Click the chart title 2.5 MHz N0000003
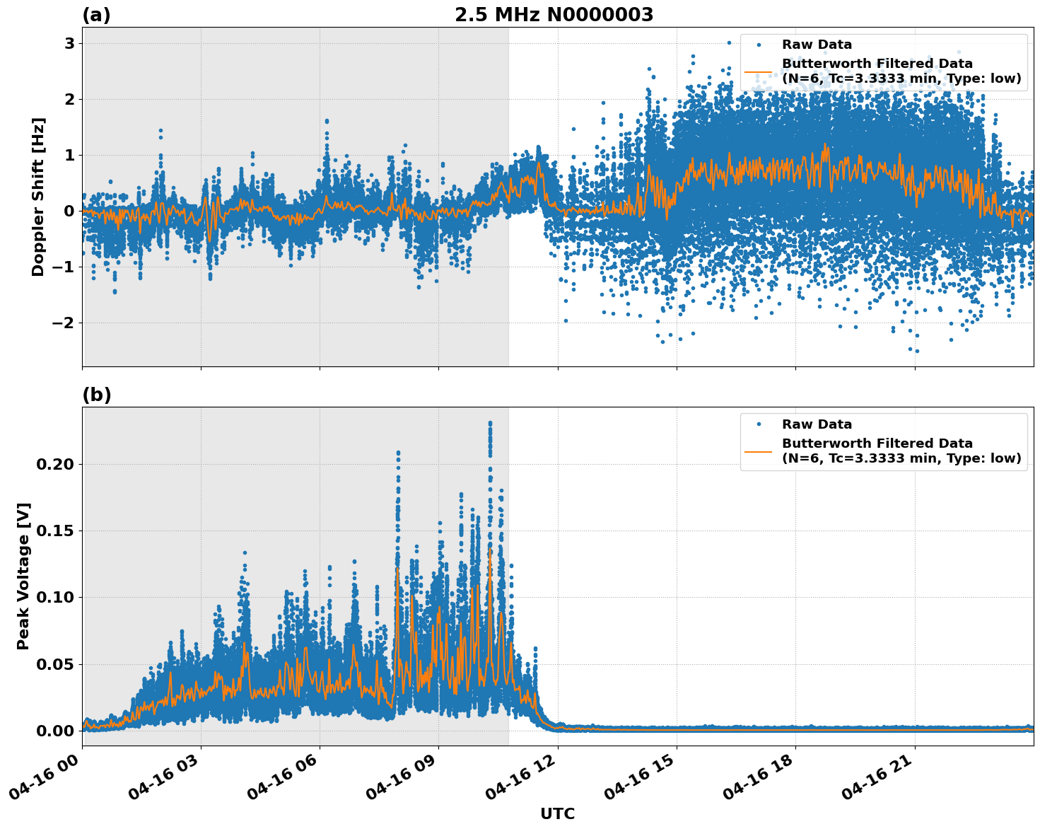554,15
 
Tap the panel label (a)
96,15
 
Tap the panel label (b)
96,395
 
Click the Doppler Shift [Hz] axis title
38,197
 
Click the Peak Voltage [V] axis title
23,576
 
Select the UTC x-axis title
557,813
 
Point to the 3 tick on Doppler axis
69,44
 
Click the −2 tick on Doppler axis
64,323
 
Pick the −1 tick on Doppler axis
64,267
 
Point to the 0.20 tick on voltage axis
55,465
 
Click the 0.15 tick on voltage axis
55,531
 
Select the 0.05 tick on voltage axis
55,664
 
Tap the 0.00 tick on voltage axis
55,731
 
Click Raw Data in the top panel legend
817,45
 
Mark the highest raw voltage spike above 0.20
490,424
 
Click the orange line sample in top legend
758,71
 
